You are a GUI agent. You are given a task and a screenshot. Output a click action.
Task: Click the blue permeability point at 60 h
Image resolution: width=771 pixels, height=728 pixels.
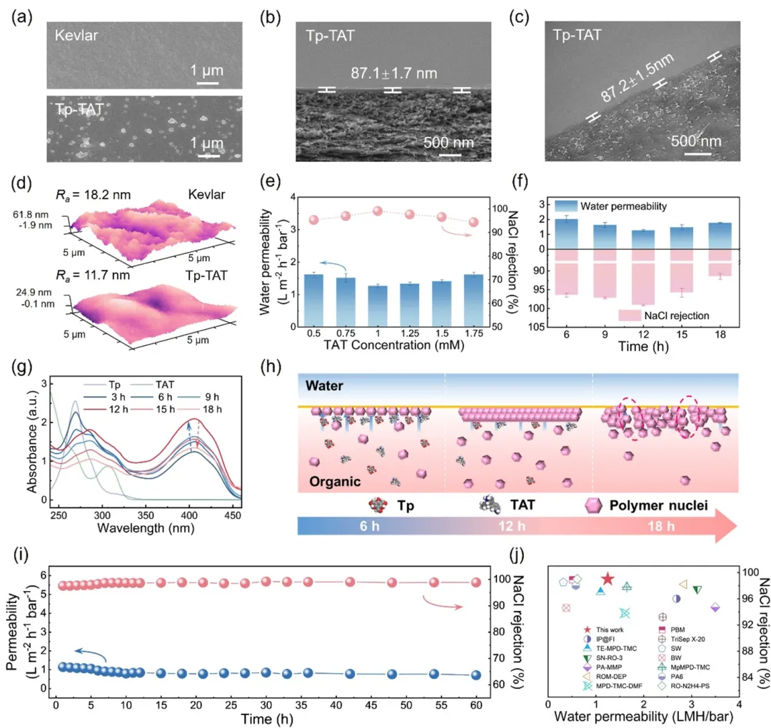(x=476, y=675)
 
